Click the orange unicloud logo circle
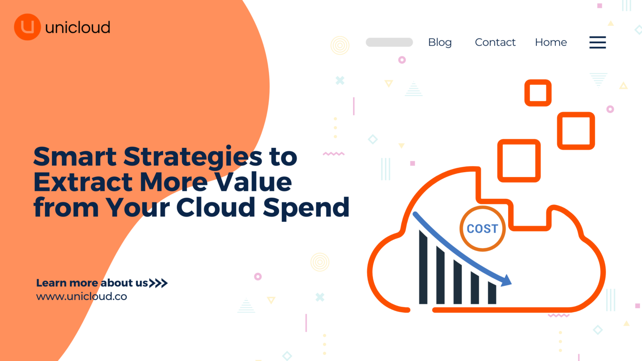[27, 27]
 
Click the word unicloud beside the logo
[78, 28]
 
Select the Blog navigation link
[440, 42]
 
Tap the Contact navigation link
[495, 42]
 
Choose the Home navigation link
[551, 42]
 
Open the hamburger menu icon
[598, 42]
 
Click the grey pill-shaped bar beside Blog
[389, 42]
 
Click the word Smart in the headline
[75, 156]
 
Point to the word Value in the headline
[253, 182]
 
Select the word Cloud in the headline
[216, 207]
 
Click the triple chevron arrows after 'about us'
[158, 283]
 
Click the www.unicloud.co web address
[82, 296]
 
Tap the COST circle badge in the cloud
[483, 229]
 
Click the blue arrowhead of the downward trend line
[507, 280]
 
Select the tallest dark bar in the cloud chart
[423, 267]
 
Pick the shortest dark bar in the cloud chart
[492, 292]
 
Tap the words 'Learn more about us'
[92, 283]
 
